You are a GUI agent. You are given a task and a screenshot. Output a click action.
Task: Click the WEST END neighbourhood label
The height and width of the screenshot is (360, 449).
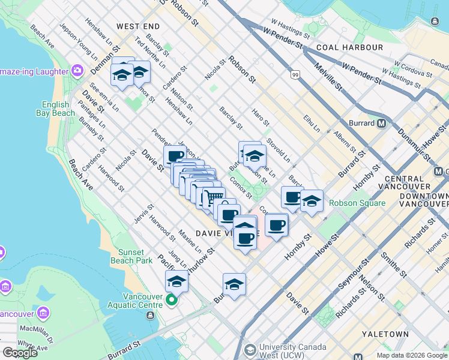138,26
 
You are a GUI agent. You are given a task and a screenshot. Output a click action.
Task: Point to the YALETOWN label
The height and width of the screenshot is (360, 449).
386,334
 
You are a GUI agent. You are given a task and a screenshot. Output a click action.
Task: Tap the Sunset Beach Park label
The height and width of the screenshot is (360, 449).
131,256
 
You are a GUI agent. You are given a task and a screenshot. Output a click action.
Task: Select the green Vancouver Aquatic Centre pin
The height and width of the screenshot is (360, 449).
172,300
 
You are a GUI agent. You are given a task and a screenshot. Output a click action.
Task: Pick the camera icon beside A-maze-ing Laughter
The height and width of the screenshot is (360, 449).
77,71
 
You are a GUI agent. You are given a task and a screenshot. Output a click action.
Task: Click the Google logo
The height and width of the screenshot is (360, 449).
20,353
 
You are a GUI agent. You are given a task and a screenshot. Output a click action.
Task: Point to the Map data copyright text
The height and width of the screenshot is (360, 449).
411,355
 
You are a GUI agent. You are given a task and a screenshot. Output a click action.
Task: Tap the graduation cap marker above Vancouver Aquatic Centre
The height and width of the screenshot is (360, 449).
176,280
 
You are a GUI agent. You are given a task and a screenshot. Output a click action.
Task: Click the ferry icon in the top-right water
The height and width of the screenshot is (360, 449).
434,21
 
